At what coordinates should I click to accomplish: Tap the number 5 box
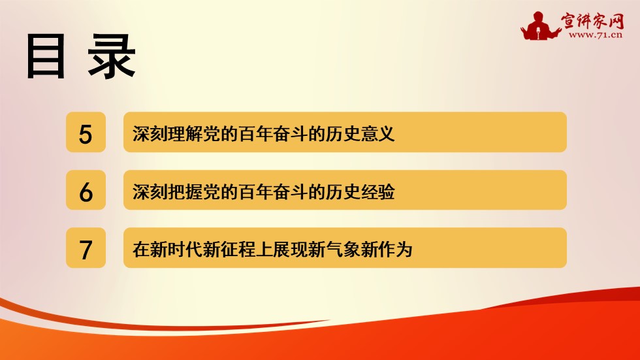point(86,133)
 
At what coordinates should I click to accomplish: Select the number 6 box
point(86,191)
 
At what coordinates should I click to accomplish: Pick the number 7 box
point(86,249)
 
